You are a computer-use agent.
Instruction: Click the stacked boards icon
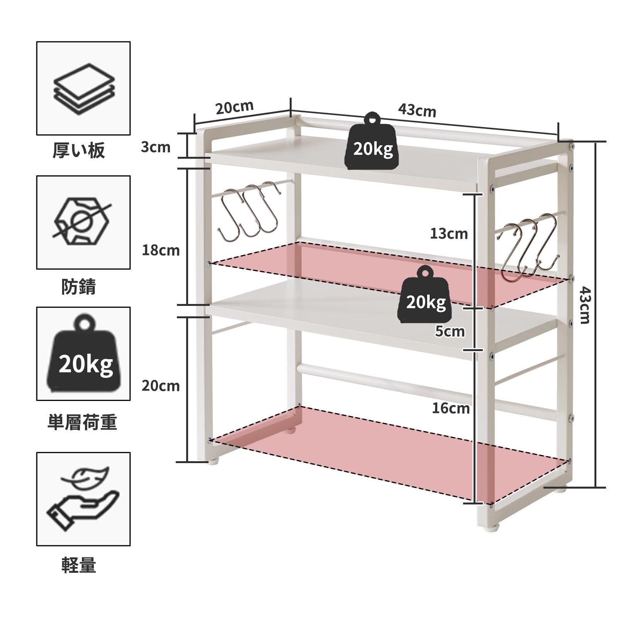pos(83,88)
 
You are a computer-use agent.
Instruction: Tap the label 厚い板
pos(79,151)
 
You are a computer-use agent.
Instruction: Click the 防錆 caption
pos(79,287)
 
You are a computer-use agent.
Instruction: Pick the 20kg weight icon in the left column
pos(83,355)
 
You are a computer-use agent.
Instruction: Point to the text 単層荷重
pos(82,422)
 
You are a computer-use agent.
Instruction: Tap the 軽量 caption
pos(79,566)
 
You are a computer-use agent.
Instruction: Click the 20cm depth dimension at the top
pos(234,107)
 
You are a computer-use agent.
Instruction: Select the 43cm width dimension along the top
pos(417,111)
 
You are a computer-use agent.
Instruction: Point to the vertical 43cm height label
pos(585,305)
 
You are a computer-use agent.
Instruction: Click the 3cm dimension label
pos(155,147)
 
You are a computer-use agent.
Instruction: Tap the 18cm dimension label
pos(161,251)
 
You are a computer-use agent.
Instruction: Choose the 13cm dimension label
pos(449,234)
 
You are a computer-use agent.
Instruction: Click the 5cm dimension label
pos(450,331)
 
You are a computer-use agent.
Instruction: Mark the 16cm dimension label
pos(450,408)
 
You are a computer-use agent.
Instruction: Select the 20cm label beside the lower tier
pos(161,386)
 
